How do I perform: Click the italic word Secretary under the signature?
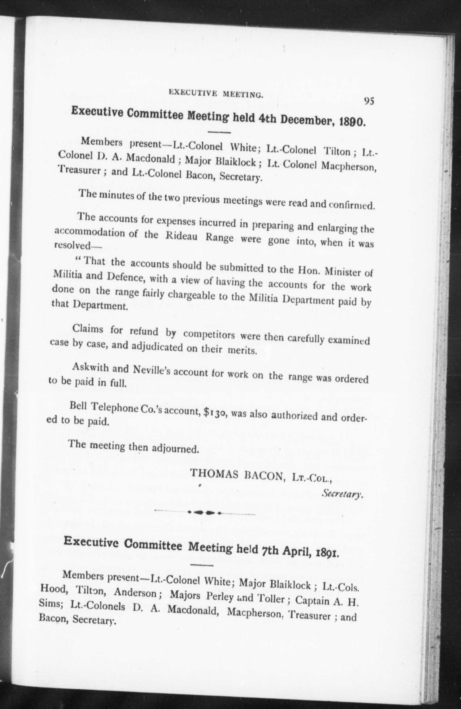(342, 495)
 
